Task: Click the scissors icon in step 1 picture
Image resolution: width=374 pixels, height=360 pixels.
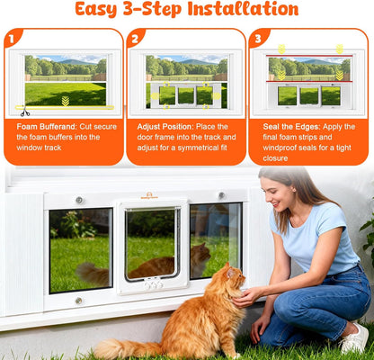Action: [24, 112]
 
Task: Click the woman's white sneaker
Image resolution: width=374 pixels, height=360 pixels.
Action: [354, 339]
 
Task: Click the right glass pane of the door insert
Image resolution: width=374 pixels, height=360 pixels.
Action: [216, 239]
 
